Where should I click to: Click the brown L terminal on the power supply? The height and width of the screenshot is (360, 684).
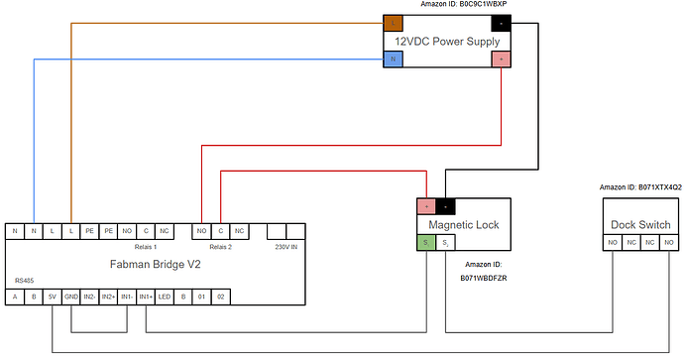tap(394, 23)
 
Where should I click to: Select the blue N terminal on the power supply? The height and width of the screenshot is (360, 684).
tap(394, 60)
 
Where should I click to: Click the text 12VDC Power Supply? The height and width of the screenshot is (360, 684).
tap(447, 42)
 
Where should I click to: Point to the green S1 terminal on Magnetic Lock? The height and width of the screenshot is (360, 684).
tap(425, 242)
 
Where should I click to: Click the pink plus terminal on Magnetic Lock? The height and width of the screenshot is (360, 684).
tap(426, 206)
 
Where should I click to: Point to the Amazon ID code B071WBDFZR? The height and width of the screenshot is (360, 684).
tap(485, 280)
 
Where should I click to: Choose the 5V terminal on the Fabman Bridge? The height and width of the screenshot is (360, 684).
tap(52, 296)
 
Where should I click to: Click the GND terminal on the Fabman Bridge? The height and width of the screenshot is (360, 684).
tap(70, 296)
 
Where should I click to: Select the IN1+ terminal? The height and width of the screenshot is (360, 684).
tap(147, 296)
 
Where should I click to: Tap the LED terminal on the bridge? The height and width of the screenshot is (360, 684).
tap(165, 296)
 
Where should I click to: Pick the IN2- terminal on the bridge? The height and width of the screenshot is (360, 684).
tap(90, 296)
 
